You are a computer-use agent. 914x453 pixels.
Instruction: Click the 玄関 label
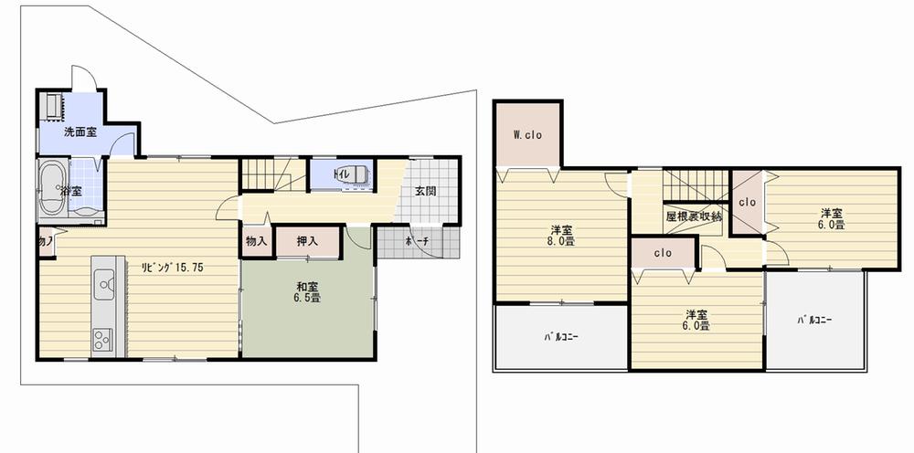425,192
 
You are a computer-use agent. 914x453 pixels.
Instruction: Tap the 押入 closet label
307,242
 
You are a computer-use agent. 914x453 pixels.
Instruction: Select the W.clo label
527,135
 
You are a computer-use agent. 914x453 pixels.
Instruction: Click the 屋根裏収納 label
694,216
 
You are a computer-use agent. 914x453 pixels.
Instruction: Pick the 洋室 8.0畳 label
561,235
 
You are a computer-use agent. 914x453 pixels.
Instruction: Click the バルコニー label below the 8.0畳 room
559,336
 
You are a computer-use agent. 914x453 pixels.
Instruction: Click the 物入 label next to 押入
256,242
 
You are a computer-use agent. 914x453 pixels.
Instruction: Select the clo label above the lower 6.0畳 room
664,253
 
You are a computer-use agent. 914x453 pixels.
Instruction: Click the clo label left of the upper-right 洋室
747,202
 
